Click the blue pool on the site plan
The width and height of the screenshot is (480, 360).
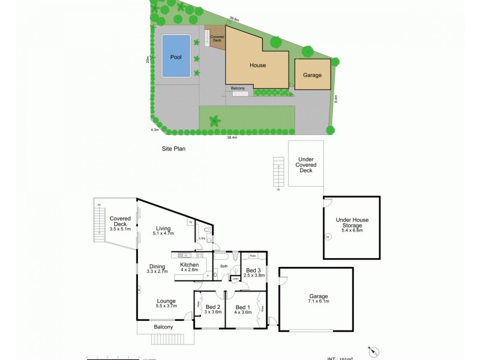176,56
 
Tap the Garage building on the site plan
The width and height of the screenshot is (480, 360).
312,75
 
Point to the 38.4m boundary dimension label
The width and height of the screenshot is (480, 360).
232,137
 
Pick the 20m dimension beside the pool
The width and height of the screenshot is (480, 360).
147,59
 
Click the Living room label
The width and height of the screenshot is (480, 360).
163,228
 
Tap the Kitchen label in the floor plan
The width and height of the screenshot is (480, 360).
190,265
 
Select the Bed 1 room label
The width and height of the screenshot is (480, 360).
243,307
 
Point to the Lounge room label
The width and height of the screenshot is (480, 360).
166,301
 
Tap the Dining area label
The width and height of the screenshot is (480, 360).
157,266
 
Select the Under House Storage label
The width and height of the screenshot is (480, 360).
352,222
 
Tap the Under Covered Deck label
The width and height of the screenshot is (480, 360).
305,164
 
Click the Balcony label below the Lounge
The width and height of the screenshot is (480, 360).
163,327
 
